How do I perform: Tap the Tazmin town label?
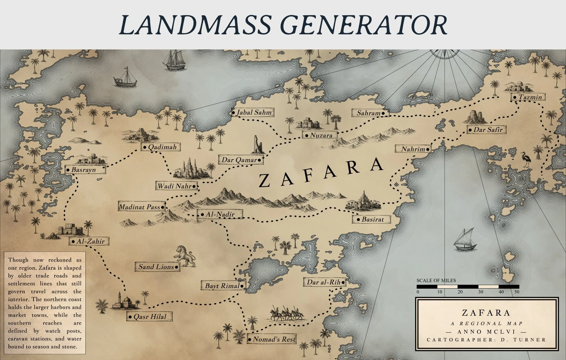point(528,97)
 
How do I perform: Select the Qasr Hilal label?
point(149,316)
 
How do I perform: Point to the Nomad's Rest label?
point(272,339)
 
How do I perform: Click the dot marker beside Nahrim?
point(428,149)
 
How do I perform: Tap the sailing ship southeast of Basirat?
point(464,240)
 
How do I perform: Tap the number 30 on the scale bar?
point(481,292)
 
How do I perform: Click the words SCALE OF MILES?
point(436,280)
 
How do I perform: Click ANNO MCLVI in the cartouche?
point(486,332)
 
